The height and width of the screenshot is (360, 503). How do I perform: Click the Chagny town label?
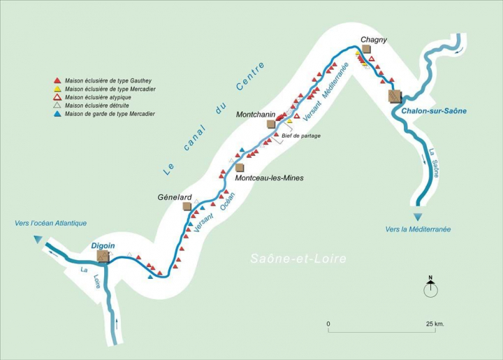tap(374, 40)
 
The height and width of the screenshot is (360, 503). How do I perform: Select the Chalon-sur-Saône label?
tap(434, 110)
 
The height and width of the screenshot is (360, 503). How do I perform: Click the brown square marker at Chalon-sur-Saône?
tap(395, 95)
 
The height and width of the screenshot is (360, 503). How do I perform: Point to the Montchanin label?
tap(256, 114)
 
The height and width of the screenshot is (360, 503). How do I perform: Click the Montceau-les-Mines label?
tap(269, 178)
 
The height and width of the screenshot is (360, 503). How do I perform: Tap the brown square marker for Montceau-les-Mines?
tap(240, 168)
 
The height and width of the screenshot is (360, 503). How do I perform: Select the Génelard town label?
tap(175, 198)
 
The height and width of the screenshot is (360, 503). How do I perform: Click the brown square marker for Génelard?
tap(187, 206)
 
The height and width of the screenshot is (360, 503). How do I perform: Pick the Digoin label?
tap(103, 245)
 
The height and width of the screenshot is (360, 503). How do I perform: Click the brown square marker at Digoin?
tap(103, 257)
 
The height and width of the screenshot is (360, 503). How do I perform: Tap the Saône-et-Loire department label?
tap(298, 259)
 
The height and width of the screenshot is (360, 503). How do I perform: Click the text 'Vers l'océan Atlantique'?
tap(50, 223)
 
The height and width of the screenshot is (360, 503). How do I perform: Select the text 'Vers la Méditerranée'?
tap(418, 229)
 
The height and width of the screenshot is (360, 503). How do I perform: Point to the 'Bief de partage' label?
tap(302, 136)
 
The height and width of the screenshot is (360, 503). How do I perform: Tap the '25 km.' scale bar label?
tap(434, 324)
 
